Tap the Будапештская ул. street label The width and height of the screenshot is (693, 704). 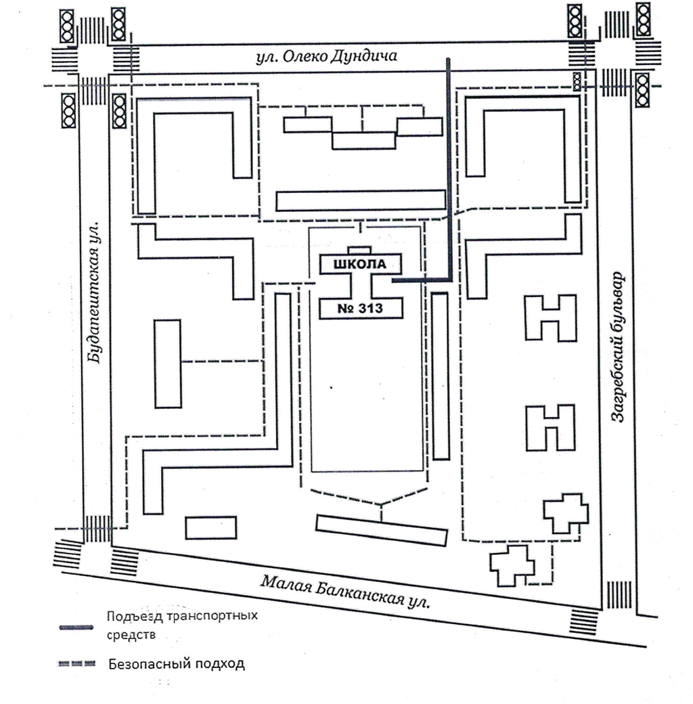(95, 291)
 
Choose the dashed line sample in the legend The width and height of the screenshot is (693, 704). (75, 663)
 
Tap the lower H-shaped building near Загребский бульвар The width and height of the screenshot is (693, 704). (551, 428)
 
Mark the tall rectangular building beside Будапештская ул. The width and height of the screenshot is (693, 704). (168, 364)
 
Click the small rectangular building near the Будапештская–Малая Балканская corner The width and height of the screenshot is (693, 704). (210, 527)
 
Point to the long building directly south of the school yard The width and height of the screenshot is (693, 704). (382, 530)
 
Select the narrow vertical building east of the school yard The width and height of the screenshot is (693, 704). (441, 376)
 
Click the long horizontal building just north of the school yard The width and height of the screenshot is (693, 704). (361, 200)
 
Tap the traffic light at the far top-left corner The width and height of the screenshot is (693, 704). (67, 25)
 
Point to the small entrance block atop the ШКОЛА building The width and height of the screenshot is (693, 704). (360, 250)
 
